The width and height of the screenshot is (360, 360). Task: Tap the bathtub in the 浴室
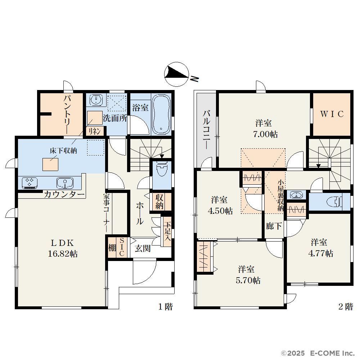point(161,114)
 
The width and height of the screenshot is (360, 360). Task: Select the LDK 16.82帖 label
point(62,248)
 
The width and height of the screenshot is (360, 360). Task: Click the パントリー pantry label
point(68,114)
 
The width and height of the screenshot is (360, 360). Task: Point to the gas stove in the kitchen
point(30,183)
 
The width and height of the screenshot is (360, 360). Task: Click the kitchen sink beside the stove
point(65,183)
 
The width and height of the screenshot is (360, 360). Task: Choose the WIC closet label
point(332,114)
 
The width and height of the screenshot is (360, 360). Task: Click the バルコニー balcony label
point(207,130)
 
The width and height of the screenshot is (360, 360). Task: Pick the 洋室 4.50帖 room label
point(220,206)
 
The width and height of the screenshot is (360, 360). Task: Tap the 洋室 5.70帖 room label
point(248,275)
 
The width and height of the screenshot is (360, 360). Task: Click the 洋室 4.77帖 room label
point(320,248)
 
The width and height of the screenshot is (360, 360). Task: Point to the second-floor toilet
point(335,202)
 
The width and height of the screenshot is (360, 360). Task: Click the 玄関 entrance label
point(143,248)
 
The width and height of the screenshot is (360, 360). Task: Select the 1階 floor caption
point(166,306)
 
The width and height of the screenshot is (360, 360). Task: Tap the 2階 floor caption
point(346,306)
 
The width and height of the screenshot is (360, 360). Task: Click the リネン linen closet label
point(94,131)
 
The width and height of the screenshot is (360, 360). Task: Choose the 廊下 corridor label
point(274,226)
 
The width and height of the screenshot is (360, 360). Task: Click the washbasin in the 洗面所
point(96,100)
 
